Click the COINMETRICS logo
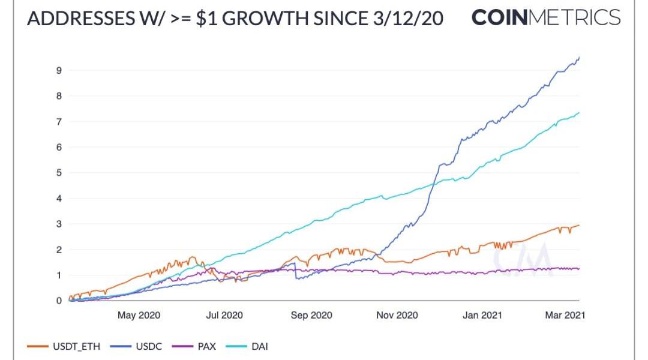click(546, 17)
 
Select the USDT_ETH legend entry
click(64, 346)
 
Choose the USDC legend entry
click(136, 346)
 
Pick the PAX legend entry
click(194, 346)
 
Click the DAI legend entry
click(247, 346)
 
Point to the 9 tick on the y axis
click(59, 71)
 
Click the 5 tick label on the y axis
click(59, 173)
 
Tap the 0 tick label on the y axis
click(59, 301)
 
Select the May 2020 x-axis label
click(139, 316)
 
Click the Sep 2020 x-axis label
click(311, 316)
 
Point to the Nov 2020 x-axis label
click(397, 316)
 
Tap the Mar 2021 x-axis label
click(565, 316)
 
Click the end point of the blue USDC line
click(579, 58)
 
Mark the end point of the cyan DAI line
click(579, 112)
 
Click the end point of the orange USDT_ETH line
click(579, 225)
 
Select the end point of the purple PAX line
click(579, 269)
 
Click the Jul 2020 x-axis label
click(224, 316)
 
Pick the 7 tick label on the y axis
click(59, 122)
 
